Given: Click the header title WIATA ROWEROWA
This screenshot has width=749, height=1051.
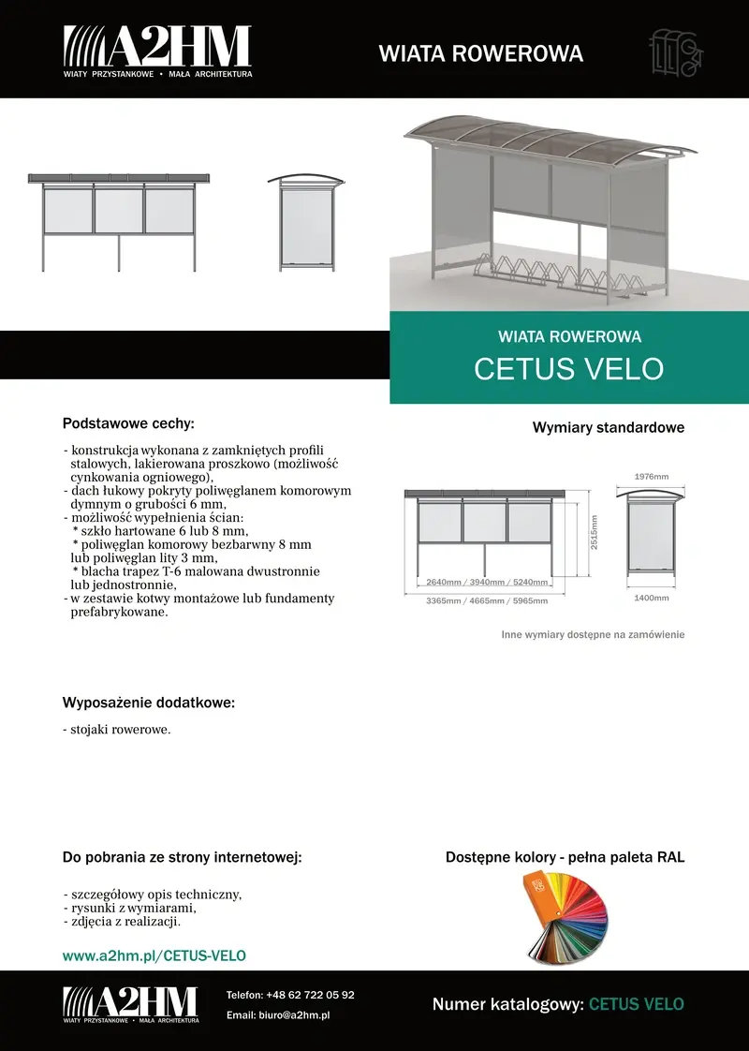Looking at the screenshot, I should pos(480,53).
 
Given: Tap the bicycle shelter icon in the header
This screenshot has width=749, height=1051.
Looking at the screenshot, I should pos(675,52).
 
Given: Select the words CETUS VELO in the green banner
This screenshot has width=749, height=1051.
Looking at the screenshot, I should pos(568,368).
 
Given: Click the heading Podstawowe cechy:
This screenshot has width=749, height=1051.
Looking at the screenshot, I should pos(128,423).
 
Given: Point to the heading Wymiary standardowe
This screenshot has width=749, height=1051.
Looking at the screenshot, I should pos(609,428).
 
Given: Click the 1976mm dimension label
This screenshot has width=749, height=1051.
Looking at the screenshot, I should pos(652,477).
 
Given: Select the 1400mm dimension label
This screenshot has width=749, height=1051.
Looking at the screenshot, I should pos(652,597).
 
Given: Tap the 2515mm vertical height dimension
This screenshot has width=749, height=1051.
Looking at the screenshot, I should pos(594,532).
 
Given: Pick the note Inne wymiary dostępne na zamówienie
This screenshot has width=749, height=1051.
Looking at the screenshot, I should pos(593,634).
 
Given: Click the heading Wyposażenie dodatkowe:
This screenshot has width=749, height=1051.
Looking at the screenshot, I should pos(148,703).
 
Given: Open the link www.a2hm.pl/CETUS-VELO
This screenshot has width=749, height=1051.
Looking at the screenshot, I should pos(154,955).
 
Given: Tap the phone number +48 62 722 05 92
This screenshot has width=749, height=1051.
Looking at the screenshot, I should pos(310,995).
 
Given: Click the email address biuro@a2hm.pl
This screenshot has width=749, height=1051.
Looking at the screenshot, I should pos(299,1014).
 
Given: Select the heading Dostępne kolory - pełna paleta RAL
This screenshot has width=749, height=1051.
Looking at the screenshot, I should pos(565,857).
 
